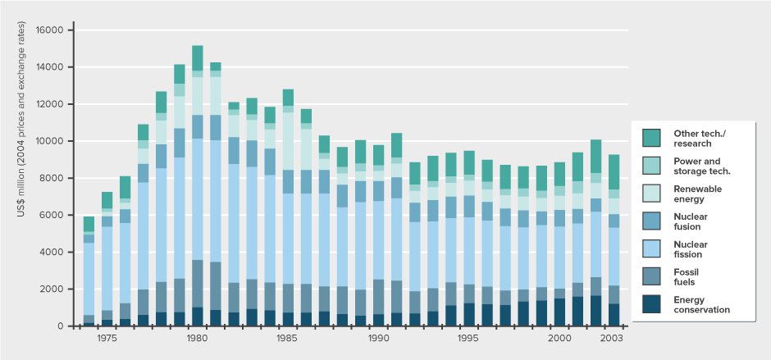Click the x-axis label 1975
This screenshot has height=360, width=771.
[x=107, y=338]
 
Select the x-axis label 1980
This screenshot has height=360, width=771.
[x=197, y=338]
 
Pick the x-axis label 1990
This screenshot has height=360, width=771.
[x=378, y=338]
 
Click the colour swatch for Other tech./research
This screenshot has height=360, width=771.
[x=653, y=137]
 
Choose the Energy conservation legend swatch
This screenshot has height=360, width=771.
[x=653, y=304]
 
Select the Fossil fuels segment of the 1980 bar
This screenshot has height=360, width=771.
[x=197, y=284]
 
